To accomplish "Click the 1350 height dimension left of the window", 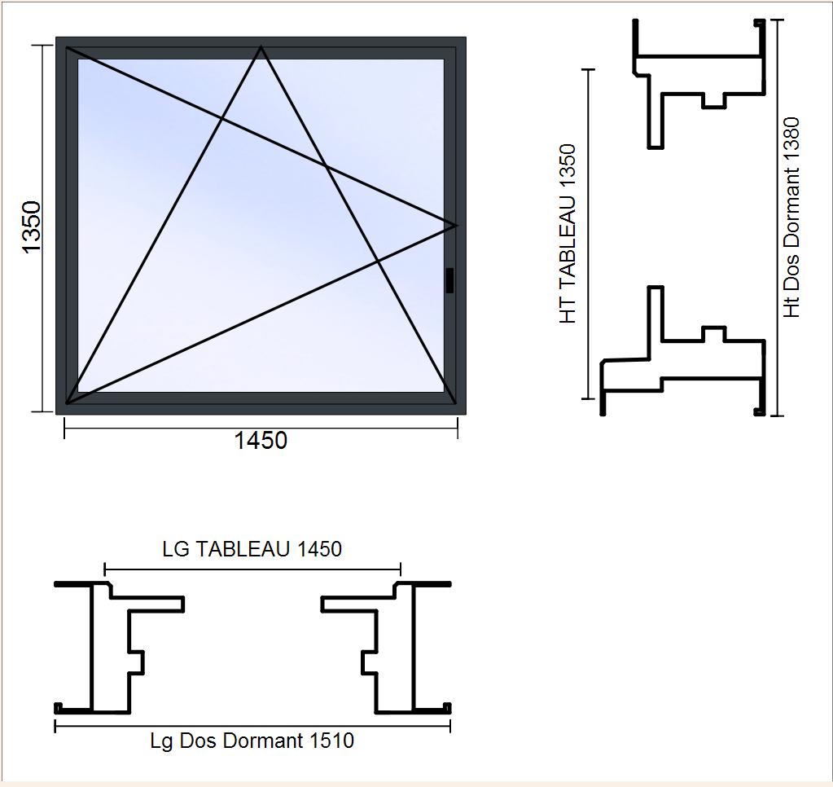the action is pos(32,227).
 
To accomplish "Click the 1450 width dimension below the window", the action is pos(261,441).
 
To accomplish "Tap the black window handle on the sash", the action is pos(450,280).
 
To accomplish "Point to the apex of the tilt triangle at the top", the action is pos(261,47).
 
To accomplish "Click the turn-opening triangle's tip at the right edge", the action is pos(456,226).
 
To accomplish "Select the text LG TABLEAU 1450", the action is pos(252,549).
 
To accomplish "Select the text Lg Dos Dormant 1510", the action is pos(252,741).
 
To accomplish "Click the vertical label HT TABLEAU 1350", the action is pos(568,234).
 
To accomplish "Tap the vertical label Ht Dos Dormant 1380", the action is pos(791,218).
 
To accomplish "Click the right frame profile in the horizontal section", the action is pos(412,648).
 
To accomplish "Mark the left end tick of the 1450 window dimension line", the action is pos(64,429).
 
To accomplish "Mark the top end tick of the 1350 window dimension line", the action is pos(43,45).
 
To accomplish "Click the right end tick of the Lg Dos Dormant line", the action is pos(450,726).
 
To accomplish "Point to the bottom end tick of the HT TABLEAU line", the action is pos(588,398).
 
